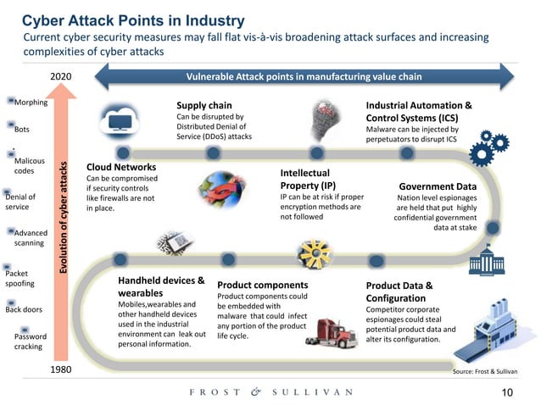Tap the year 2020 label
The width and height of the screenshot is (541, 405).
tap(61, 77)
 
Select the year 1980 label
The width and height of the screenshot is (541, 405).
tap(61, 370)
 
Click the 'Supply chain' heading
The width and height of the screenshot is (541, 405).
tap(204, 105)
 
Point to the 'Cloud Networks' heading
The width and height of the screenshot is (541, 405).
tap(121, 168)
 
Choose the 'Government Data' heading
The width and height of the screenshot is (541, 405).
tap(438, 186)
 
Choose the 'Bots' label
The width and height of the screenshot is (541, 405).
tap(22, 130)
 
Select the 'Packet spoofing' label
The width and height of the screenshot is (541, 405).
tap(20, 279)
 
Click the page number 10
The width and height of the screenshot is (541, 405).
tap(509, 392)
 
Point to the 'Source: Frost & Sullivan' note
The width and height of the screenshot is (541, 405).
tap(486, 371)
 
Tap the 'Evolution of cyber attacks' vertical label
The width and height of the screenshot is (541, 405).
tap(64, 218)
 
